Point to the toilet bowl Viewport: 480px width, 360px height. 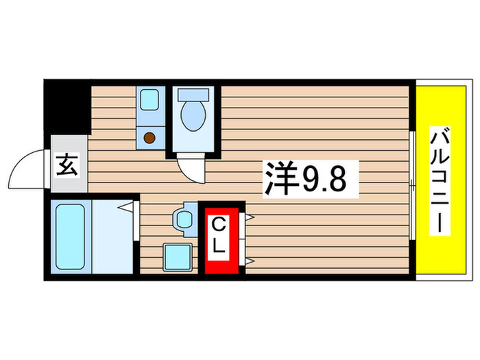(x=193, y=117)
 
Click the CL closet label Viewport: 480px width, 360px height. (x=219, y=235)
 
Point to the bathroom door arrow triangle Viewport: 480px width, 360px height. (x=125, y=206)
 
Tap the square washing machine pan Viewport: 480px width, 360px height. (x=178, y=257)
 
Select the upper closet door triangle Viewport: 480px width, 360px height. (x=249, y=217)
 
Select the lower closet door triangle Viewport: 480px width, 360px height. (x=249, y=261)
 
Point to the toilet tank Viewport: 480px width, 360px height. (x=193, y=96)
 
